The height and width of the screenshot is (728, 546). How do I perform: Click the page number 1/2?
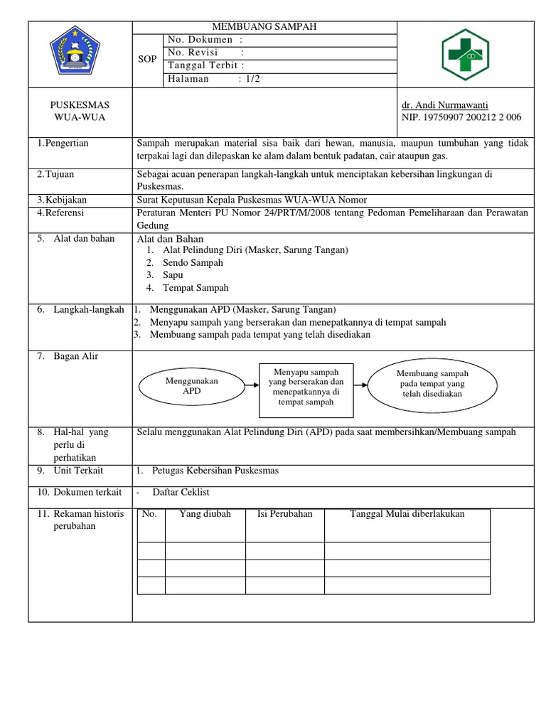[x=250, y=79]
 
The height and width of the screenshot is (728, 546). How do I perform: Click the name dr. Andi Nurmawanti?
[x=445, y=105]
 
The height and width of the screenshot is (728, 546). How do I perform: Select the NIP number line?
[x=461, y=117]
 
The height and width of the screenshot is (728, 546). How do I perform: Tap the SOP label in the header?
[x=147, y=60]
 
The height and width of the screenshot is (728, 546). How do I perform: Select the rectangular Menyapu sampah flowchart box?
[x=306, y=387]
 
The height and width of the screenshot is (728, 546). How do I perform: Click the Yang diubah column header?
[x=205, y=514]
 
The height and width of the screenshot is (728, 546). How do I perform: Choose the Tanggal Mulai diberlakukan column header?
[x=407, y=514]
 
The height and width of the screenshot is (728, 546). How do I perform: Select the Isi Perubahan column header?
[x=284, y=514]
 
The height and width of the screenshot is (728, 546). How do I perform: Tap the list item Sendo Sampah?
[x=193, y=262]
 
